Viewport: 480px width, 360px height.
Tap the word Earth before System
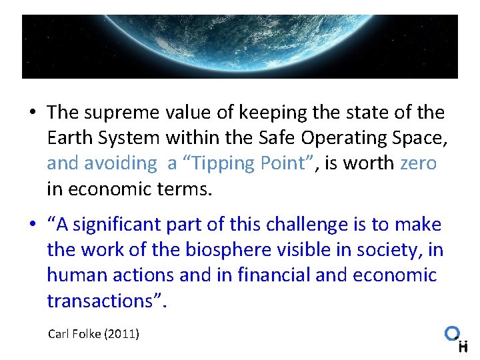(69, 138)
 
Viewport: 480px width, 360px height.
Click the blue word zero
(418, 163)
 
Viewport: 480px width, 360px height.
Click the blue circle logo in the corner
(453, 333)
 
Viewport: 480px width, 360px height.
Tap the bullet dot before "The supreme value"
(31, 113)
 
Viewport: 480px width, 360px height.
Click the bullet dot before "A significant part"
(31, 225)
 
